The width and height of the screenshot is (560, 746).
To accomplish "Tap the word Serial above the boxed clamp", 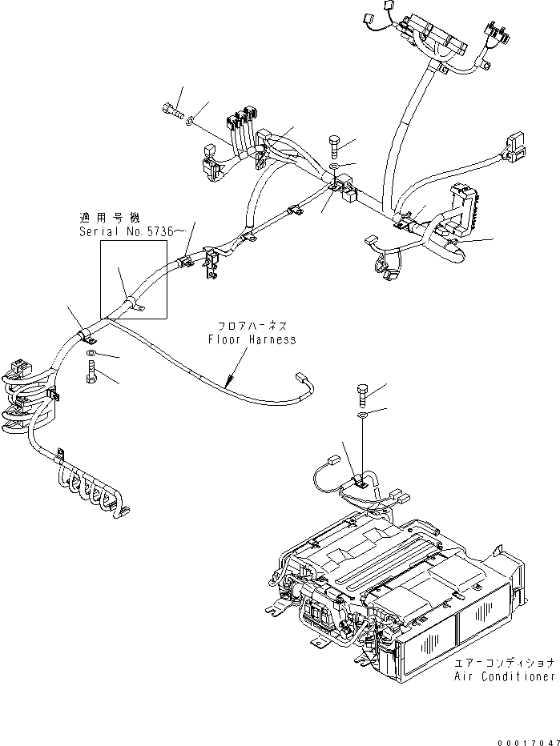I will (x=98, y=232).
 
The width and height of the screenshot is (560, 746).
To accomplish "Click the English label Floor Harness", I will (x=252, y=339).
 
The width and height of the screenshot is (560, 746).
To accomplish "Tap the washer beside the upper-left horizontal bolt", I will (x=189, y=122).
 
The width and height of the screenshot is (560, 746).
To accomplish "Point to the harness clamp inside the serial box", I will (x=132, y=303).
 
